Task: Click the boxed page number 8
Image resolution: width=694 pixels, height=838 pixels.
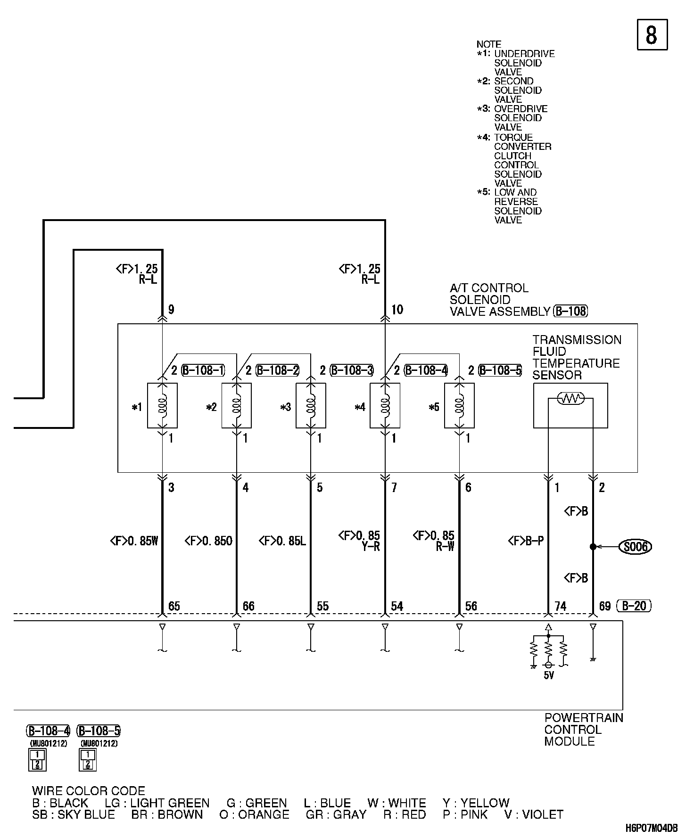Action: coord(652,34)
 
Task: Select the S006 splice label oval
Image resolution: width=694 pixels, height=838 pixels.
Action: coord(636,547)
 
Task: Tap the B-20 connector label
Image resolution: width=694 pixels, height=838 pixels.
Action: coord(634,606)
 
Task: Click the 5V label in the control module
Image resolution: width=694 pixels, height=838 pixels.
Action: coord(549,675)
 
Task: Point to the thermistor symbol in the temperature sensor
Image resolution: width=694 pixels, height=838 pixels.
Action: coord(570,399)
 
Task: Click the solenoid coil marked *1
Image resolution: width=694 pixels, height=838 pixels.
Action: coord(162,405)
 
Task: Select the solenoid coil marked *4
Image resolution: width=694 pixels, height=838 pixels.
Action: coord(385,405)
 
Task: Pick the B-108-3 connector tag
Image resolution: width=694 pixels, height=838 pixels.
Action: coord(352,370)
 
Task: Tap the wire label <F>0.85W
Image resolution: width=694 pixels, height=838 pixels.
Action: coord(134,541)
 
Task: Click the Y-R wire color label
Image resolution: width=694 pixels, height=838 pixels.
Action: coord(371,547)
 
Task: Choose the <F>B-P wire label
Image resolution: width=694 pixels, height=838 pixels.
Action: coord(526,541)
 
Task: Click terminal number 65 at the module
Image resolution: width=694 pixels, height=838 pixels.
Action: coord(174,606)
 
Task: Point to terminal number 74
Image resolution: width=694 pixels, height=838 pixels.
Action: coord(560,606)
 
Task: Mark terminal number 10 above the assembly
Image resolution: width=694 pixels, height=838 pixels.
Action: coord(397,310)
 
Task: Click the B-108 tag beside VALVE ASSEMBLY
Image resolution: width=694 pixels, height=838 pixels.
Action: coord(570,311)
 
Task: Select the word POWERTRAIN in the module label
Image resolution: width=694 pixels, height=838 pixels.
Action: coord(584,718)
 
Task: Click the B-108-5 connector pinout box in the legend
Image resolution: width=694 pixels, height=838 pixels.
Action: coord(88,760)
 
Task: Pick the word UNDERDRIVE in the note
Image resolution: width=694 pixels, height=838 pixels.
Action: coord(524,54)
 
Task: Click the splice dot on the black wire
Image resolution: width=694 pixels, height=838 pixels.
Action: coord(593,547)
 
